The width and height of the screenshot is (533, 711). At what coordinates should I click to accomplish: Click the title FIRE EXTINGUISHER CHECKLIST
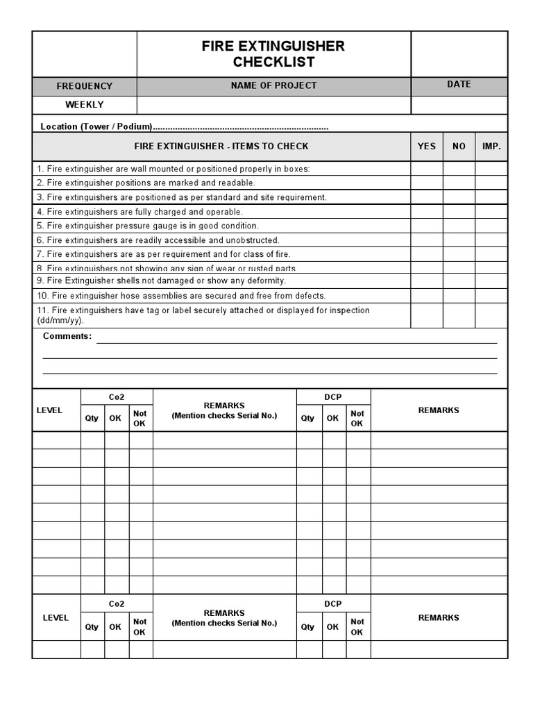(x=273, y=54)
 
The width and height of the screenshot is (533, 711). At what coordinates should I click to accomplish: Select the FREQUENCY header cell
(x=84, y=86)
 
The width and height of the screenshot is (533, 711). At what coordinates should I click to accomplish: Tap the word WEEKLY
(x=84, y=105)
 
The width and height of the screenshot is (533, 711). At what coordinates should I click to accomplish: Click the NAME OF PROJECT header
(x=273, y=85)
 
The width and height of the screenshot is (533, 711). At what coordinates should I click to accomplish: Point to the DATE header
(x=459, y=84)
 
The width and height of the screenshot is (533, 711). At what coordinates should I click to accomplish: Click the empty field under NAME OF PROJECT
(x=273, y=105)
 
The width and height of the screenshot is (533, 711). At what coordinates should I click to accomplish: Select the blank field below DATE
(x=459, y=105)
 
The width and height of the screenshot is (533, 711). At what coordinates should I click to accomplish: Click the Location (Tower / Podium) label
(x=96, y=127)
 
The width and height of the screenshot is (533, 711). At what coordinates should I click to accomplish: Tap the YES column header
(x=426, y=147)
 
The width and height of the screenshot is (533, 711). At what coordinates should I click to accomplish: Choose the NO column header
(x=459, y=147)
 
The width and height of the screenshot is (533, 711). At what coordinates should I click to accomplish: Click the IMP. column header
(x=491, y=147)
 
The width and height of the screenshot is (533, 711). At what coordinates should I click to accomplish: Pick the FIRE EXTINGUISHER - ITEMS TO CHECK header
(x=221, y=147)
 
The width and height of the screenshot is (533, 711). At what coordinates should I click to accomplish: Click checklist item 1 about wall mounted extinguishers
(x=174, y=169)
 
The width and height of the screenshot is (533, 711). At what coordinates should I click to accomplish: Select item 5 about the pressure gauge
(x=147, y=226)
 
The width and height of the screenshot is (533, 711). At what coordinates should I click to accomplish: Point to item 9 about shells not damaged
(x=161, y=281)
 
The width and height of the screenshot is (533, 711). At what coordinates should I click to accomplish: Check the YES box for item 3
(x=426, y=197)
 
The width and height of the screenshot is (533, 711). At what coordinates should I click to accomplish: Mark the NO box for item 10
(x=459, y=296)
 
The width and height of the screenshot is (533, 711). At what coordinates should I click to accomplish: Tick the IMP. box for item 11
(x=491, y=315)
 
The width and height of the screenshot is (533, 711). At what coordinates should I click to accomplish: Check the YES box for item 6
(x=426, y=240)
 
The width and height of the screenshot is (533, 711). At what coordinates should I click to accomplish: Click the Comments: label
(x=67, y=336)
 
